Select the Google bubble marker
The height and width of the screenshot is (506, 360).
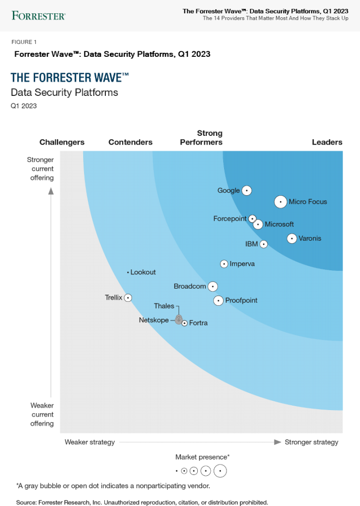pos(247,190)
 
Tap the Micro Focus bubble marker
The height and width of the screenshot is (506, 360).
pos(280,202)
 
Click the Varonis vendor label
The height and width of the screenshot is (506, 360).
pos(310,238)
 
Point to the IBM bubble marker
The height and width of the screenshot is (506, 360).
pos(264,244)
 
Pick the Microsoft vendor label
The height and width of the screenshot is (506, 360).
pos(279,224)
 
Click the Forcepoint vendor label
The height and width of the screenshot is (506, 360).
pos(229,218)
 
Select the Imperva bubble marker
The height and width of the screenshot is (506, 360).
pos(224,264)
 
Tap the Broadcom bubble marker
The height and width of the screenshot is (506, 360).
pos(213,286)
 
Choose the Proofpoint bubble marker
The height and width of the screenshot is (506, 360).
pos(218,300)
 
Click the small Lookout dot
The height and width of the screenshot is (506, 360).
pos(128,272)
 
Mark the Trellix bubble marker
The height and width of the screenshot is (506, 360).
pos(128,297)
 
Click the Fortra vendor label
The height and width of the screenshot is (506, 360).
pos(198,323)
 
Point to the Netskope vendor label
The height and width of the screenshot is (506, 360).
pos(153,320)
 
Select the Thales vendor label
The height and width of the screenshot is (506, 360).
pos(164,306)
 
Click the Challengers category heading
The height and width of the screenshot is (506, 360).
pos(62,142)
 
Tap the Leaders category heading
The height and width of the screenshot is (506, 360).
pos(327,142)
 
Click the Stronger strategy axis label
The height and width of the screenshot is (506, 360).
pos(311,442)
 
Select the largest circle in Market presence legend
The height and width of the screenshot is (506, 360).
pos(220,471)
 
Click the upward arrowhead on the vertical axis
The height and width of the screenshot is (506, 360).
pos(51,191)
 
